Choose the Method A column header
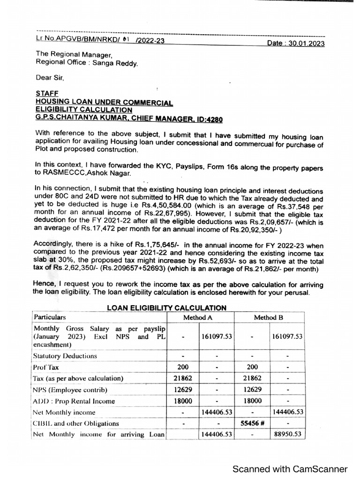click(x=201, y=317)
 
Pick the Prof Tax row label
click(x=46, y=367)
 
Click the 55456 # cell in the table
click(x=252, y=423)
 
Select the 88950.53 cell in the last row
click(x=287, y=435)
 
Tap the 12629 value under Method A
click(x=184, y=390)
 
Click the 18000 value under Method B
click(x=252, y=401)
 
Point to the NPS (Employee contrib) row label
click(x=70, y=390)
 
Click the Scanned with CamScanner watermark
click(x=291, y=469)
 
